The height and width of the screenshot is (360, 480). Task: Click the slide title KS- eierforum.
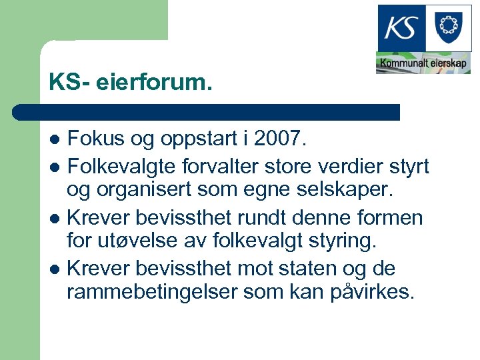point(130,83)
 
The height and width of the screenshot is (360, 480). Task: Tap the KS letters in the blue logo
point(402,28)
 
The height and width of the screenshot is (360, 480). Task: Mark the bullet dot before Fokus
point(56,141)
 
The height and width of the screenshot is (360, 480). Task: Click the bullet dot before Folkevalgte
point(56,166)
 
